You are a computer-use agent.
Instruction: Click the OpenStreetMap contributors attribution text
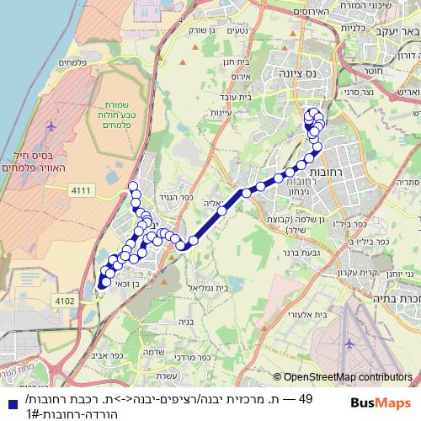(x=348, y=378)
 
